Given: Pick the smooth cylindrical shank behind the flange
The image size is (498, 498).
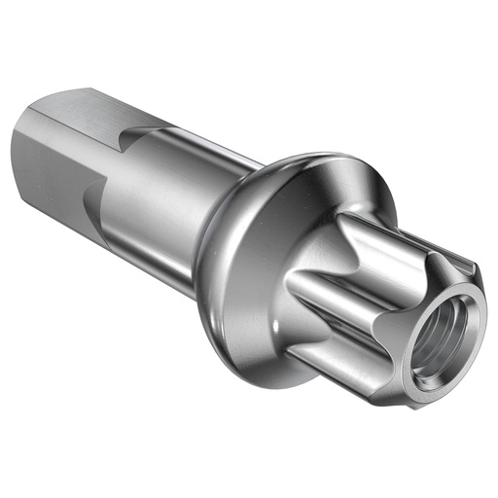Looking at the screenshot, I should [x=165, y=209].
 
